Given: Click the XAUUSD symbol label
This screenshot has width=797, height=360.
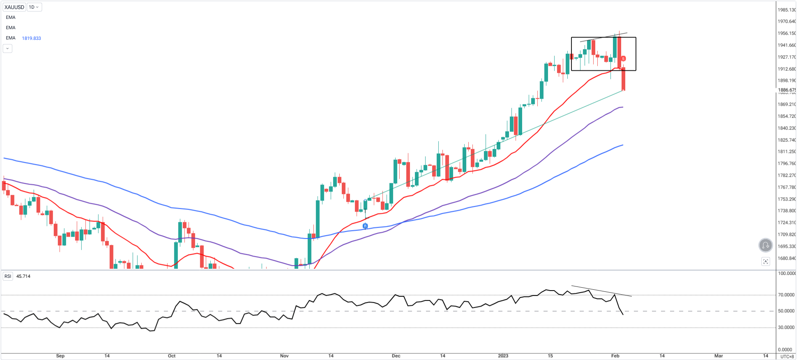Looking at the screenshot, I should pos(14,7).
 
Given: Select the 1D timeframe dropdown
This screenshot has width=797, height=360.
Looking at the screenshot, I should pos(34,7).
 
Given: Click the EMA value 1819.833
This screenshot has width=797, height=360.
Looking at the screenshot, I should pos(32,38).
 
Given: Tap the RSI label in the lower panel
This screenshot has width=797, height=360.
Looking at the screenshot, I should pos(8,276).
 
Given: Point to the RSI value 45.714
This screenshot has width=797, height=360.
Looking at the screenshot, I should pos(23,276).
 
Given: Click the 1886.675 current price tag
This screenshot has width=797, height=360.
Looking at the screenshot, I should pos(787,90).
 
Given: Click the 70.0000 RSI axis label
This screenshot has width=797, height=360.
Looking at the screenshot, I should pos(786,295).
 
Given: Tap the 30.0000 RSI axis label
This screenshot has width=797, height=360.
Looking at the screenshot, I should pos(786,328).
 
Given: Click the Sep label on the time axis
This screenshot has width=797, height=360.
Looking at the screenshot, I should pos(60,356).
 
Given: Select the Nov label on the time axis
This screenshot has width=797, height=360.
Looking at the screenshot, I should pos(284,356).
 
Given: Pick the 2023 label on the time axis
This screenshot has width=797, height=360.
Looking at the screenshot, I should pos(503,356).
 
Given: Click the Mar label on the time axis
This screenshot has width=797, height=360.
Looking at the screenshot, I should pos(719,356).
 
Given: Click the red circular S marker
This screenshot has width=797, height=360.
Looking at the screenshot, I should pos(623,59).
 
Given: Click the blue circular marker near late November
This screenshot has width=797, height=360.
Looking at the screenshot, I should pos(365,226).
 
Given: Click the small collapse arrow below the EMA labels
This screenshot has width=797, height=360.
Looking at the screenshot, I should pos(7,48).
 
